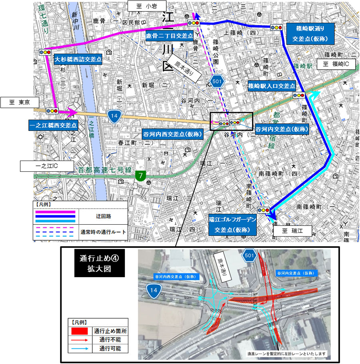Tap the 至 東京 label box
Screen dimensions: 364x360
tap(17, 102)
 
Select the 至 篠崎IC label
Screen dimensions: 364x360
tap(336, 64)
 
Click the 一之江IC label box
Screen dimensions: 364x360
tap(47, 165)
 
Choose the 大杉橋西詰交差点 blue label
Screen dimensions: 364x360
tap(78, 59)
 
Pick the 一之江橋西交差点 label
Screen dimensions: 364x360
tap(53, 125)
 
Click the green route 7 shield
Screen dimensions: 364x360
tap(140, 175)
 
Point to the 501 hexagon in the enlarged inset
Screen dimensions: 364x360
tap(249, 255)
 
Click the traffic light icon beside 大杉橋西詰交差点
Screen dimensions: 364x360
tap(45, 52)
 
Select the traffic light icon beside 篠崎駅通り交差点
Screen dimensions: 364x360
tap(276, 27)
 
